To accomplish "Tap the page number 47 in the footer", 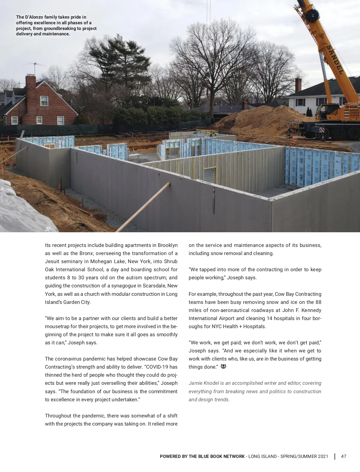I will tap(344, 456).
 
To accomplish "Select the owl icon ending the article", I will tap(223, 367).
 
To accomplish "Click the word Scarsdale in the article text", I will tap(154, 286).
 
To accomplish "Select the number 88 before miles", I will tap(318, 302).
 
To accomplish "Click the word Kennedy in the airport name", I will tap(311, 310).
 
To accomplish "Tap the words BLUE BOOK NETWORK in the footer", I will tap(221, 456).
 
